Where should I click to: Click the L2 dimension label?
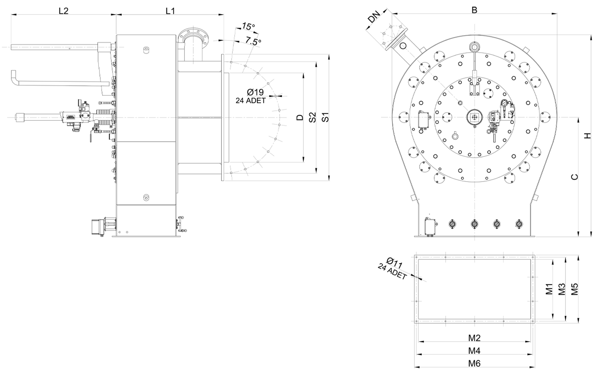(63, 11)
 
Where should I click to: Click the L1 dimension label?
(170, 11)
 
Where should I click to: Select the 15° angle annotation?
(248, 26)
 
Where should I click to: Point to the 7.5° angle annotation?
(253, 41)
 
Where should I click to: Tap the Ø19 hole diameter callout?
(255, 92)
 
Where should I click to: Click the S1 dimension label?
(325, 117)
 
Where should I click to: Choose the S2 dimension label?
(313, 117)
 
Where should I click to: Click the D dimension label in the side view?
(300, 117)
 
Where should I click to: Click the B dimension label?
(474, 10)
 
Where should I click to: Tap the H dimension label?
(588, 136)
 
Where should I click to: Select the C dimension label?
(574, 177)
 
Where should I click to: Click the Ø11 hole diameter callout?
(395, 263)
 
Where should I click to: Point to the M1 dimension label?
(549, 289)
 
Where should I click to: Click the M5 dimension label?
(574, 289)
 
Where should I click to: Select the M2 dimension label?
(474, 338)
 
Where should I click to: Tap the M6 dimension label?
(474, 364)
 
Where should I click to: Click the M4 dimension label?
(474, 351)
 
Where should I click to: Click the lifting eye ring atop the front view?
(474, 47)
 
